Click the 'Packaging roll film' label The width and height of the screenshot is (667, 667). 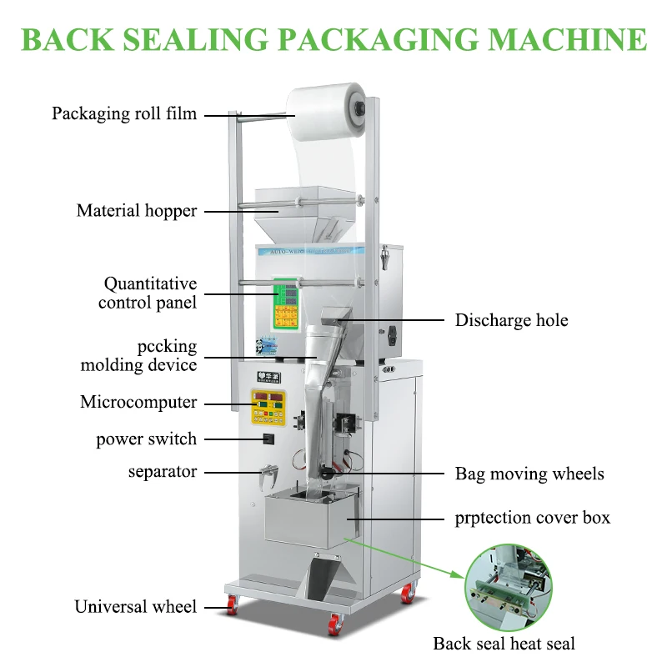(x=124, y=113)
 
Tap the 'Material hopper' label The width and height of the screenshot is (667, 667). (x=137, y=211)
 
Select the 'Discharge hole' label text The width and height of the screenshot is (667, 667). (x=511, y=320)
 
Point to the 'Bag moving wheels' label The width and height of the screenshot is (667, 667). (x=529, y=474)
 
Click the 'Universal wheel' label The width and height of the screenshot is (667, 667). (x=136, y=606)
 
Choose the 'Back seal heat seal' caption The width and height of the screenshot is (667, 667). (x=504, y=643)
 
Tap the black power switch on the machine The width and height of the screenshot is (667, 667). (x=269, y=439)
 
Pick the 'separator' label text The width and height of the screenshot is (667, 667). (x=163, y=472)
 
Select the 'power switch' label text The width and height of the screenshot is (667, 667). (x=147, y=439)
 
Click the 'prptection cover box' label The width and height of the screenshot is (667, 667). (x=533, y=518)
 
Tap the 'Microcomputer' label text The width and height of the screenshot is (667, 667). (x=138, y=402)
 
